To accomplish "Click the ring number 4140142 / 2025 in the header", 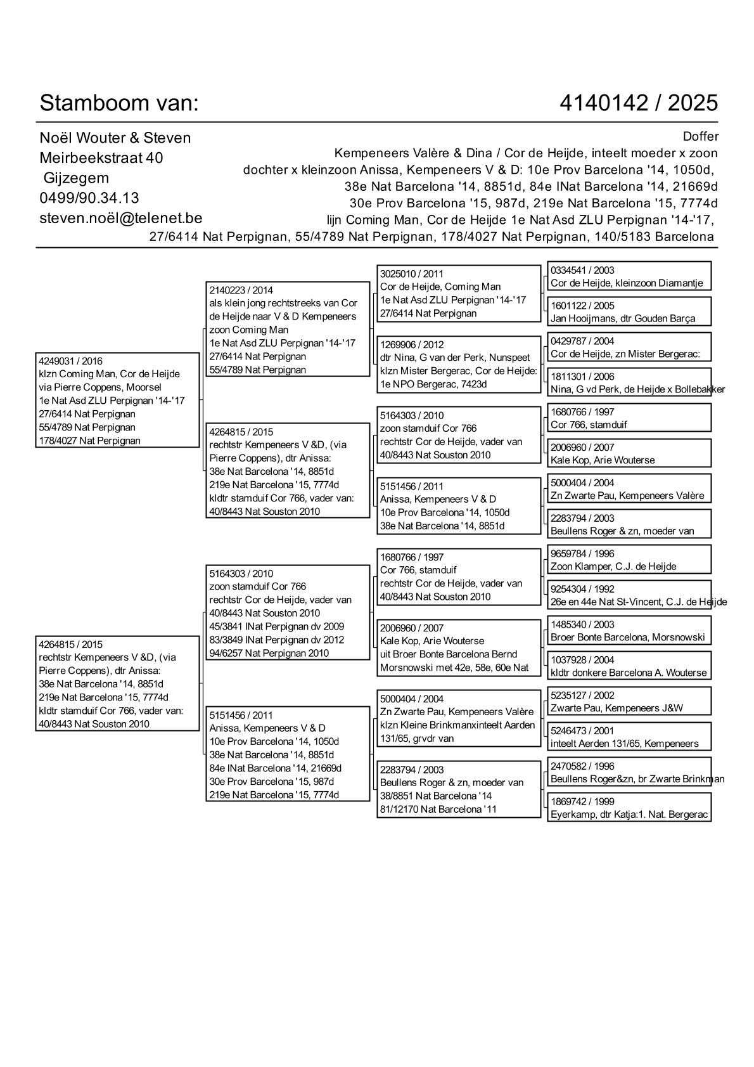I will pyautogui.click(x=639, y=103).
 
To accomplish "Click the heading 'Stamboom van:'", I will pyautogui.click(x=119, y=103).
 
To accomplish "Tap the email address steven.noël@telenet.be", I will pyautogui.click(x=120, y=218).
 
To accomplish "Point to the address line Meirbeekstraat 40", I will pyautogui.click(x=101, y=158).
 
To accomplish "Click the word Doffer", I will pyautogui.click(x=701, y=137).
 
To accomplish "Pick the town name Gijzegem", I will pyautogui.click(x=76, y=178).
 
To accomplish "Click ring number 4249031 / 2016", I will pyautogui.click(x=70, y=361).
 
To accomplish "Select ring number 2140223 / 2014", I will pyautogui.click(x=241, y=290).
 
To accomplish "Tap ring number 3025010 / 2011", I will pyautogui.click(x=412, y=274).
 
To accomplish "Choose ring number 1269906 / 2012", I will pyautogui.click(x=412, y=345).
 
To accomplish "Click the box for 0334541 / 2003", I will pyautogui.click(x=629, y=276).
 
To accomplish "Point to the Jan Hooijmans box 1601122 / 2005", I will pyautogui.click(x=629, y=312).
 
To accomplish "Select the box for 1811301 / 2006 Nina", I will pyautogui.click(x=629, y=383).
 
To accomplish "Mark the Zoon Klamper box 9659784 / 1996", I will pyautogui.click(x=629, y=560).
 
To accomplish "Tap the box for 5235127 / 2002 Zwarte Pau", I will pyautogui.click(x=629, y=702).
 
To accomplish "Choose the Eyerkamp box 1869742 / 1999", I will pyautogui.click(x=629, y=808).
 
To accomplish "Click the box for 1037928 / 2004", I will pyautogui.click(x=629, y=666).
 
